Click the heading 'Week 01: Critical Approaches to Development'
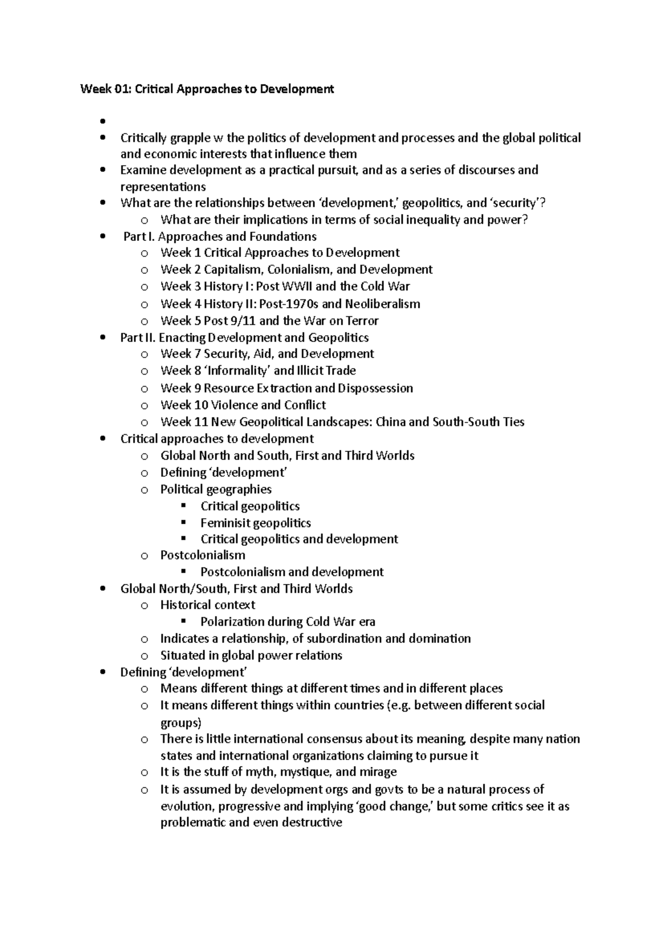point(207,89)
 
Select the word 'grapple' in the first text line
point(188,138)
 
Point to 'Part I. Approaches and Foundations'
point(220,236)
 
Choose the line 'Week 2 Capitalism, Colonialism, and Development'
point(296,270)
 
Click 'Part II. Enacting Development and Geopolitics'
point(244,338)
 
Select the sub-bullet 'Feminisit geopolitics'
point(255,523)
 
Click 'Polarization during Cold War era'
point(287,621)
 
